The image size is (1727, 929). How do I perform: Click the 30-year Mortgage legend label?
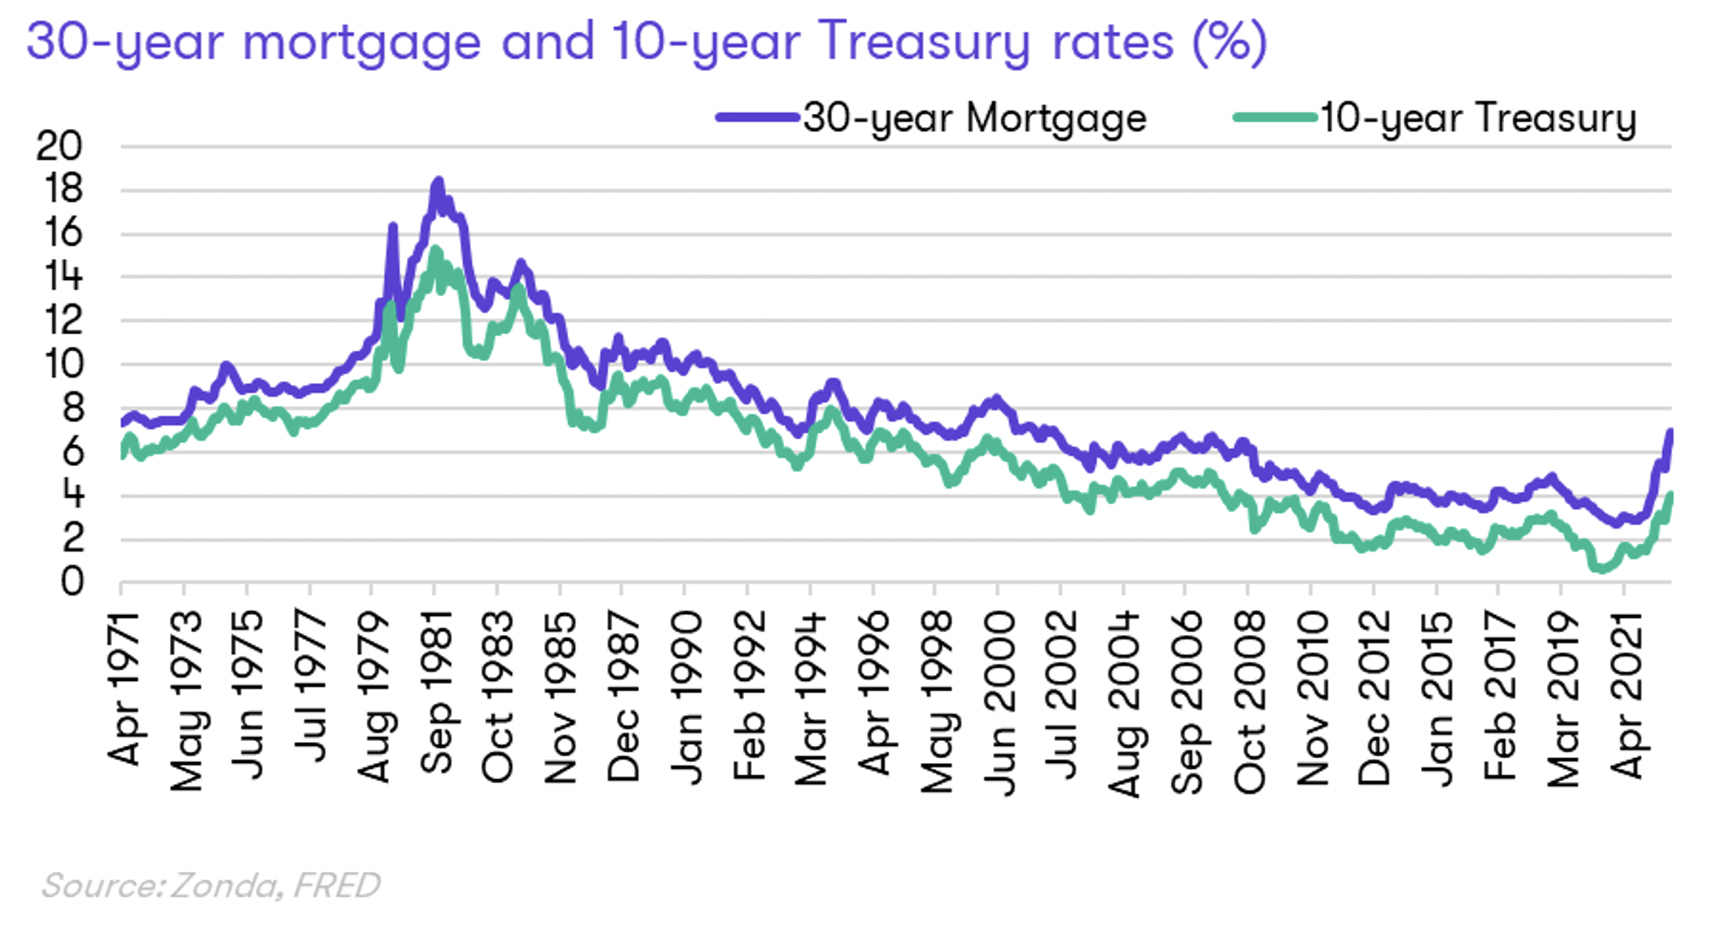point(974,119)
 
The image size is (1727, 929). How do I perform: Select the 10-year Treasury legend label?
point(1477,119)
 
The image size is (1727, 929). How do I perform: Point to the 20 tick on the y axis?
point(59,146)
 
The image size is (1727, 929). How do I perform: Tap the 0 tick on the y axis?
point(72,582)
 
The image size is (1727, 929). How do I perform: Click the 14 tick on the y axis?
point(63,277)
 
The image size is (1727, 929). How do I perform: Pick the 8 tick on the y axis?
point(72,408)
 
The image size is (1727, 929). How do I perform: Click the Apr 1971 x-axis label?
point(124,689)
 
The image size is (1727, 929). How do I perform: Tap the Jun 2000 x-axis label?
point(999,701)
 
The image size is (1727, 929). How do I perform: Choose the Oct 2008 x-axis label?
point(1249,701)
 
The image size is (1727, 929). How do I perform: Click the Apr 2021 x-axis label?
point(1626,696)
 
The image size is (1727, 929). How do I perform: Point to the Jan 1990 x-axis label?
point(687,698)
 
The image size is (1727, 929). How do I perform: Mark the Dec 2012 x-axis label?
point(1375,698)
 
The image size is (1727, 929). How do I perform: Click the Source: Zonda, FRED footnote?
point(211,885)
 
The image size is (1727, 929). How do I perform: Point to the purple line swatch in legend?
point(757,118)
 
